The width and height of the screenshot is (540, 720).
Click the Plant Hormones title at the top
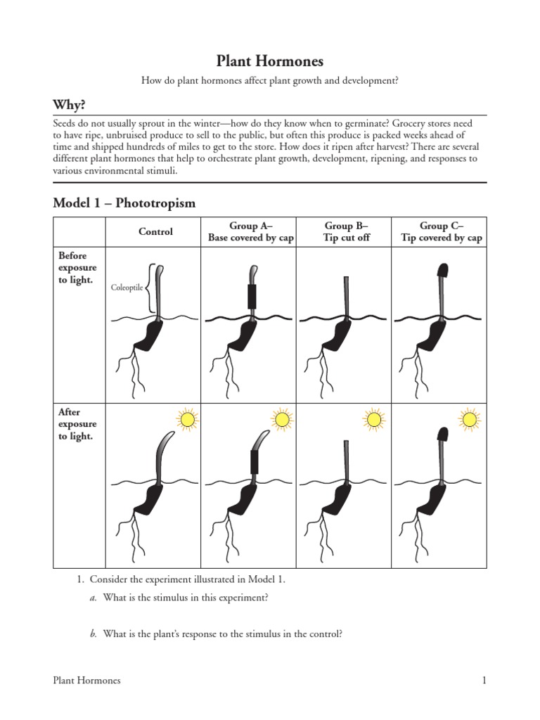pyautogui.click(x=270, y=61)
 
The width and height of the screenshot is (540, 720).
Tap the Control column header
pyautogui.click(x=155, y=231)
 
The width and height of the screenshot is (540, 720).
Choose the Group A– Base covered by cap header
pyautogui.click(x=251, y=231)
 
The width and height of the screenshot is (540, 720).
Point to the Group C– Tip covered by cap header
pyautogui.click(x=442, y=231)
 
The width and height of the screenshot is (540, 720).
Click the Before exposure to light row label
pyautogui.click(x=78, y=269)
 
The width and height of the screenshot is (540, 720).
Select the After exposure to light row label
pyautogui.click(x=78, y=425)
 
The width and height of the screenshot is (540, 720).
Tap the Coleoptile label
pyautogui.click(x=127, y=288)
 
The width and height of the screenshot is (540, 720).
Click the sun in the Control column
pyautogui.click(x=188, y=420)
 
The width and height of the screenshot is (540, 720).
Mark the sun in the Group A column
pyautogui.click(x=283, y=420)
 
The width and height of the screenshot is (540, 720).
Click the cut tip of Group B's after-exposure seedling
pyautogui.click(x=347, y=443)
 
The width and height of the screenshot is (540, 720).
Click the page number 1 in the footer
pyautogui.click(x=484, y=680)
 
